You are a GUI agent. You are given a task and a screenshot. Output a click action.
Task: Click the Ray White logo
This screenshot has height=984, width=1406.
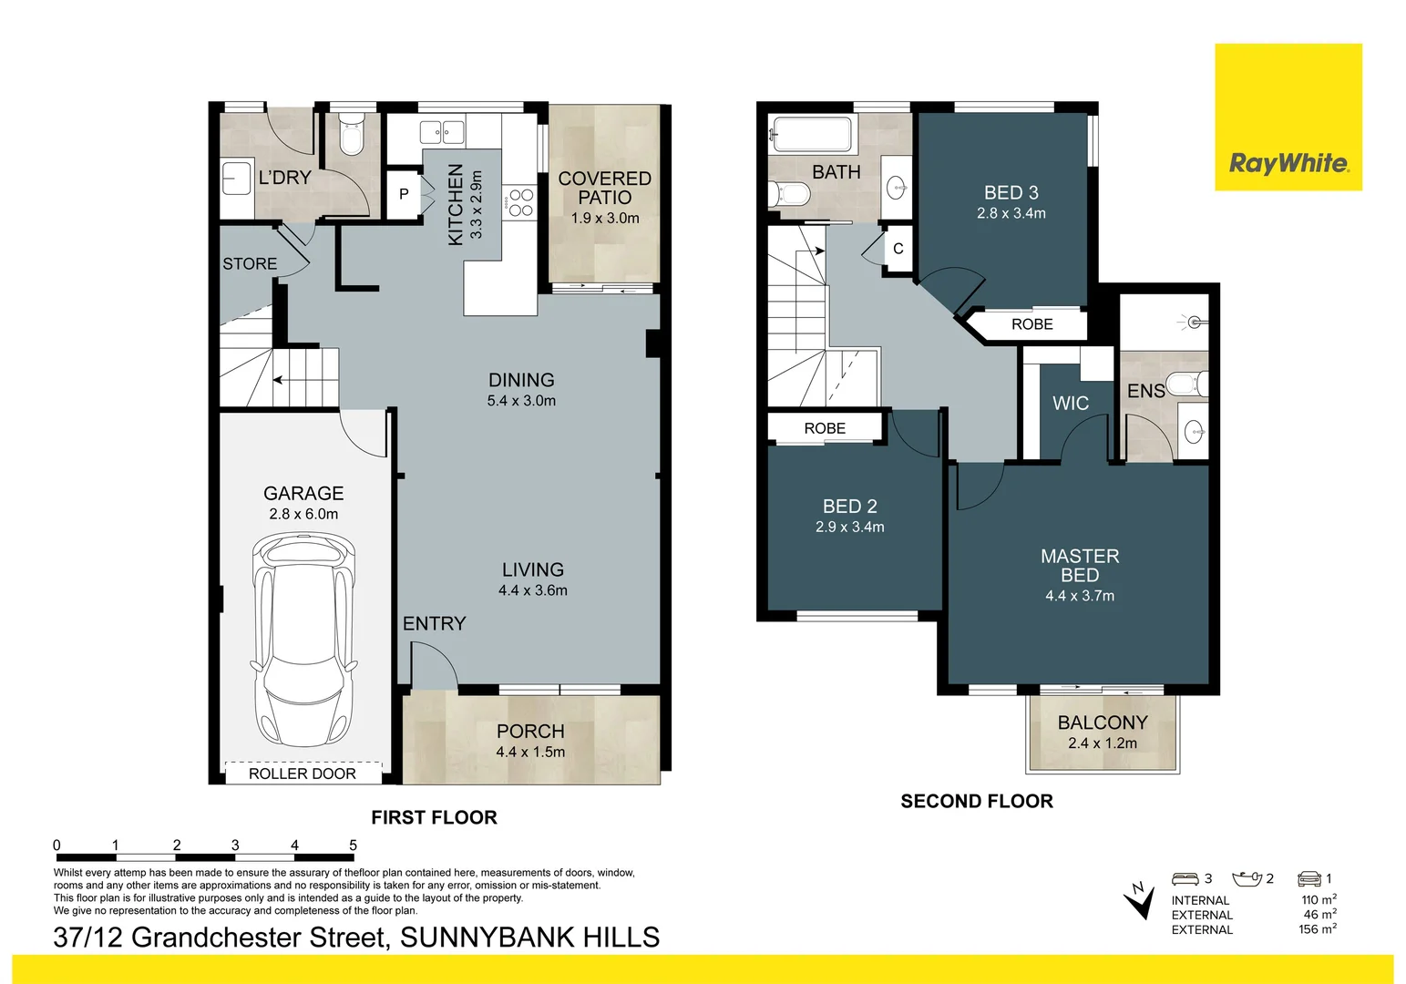(x=1288, y=164)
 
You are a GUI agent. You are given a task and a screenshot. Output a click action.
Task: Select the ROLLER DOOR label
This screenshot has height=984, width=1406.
(x=303, y=774)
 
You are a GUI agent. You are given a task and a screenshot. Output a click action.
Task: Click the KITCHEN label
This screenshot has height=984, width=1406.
(x=456, y=205)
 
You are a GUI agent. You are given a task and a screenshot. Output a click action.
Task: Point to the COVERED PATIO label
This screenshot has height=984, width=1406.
(x=604, y=188)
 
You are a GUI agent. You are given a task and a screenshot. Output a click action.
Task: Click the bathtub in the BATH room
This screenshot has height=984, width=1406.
(x=811, y=134)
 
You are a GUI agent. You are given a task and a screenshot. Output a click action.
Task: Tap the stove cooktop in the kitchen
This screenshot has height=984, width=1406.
(x=520, y=202)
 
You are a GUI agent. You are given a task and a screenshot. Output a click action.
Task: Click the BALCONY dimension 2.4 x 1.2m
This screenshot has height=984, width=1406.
(x=1102, y=743)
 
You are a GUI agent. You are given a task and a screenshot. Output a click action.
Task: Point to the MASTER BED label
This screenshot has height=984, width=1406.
(x=1080, y=566)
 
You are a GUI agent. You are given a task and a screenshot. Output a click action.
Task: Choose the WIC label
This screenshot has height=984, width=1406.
(x=1070, y=404)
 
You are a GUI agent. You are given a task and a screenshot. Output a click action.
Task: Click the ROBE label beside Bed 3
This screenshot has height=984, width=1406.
(x=1031, y=324)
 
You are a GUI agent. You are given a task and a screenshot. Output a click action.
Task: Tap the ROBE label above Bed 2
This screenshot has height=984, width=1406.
(x=825, y=428)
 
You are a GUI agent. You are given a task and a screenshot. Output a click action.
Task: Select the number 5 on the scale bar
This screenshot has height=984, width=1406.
(x=353, y=846)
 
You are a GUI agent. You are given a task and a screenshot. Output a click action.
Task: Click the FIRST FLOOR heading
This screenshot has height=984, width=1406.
(x=434, y=817)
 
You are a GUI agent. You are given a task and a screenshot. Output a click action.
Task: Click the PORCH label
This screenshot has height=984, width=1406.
(x=530, y=732)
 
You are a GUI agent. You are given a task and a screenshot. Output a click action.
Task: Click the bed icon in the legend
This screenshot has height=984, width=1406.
(x=1185, y=878)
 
